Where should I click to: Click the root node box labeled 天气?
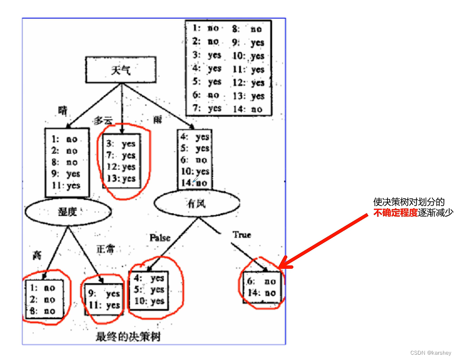(x=120, y=71)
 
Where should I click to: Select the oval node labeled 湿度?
(x=67, y=212)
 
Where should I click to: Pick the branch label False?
(x=160, y=238)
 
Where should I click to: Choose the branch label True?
(x=242, y=234)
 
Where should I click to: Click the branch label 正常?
(x=105, y=249)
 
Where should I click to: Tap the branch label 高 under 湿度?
(x=37, y=255)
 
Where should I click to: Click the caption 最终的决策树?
(x=127, y=338)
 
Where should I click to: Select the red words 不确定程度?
(x=395, y=213)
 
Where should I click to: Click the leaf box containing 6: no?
(x=261, y=287)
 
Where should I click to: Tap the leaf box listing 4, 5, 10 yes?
(x=148, y=290)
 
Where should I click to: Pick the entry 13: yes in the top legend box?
(x=251, y=96)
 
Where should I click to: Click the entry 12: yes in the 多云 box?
(x=121, y=167)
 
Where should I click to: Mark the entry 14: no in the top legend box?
(x=251, y=109)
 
